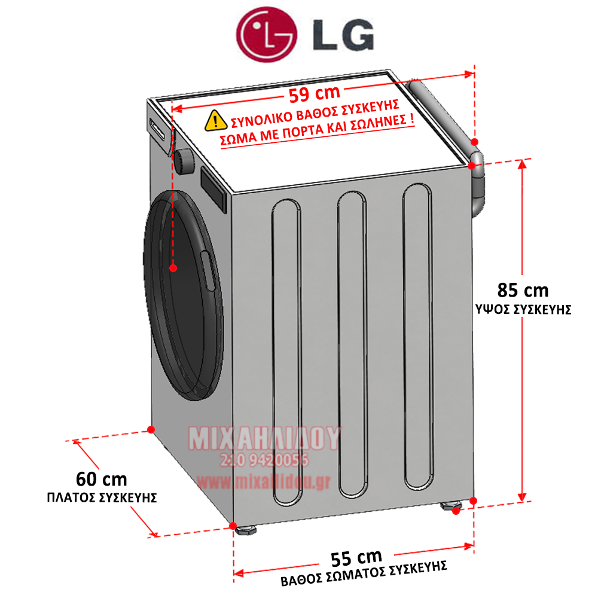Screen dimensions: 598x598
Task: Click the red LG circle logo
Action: point(267,34)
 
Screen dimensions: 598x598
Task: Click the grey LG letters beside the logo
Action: point(343,35)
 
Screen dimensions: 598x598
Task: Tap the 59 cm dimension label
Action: point(315,93)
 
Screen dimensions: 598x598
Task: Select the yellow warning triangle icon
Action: point(216,121)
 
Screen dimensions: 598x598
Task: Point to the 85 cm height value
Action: point(523,291)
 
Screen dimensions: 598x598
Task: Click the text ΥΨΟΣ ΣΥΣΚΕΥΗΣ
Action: point(523,310)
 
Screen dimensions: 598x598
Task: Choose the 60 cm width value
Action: point(102,480)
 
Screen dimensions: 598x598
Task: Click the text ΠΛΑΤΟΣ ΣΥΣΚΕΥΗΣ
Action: point(102,498)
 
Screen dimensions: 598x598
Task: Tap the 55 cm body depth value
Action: point(356,559)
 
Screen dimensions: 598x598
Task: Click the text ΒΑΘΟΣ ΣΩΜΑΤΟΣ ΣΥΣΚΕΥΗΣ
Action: point(364,573)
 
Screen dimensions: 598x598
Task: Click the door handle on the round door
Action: point(208,271)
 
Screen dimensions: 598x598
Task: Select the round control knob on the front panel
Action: point(184,161)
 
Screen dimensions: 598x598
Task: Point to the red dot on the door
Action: point(173,268)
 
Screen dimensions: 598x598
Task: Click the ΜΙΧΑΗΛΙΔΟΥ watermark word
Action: point(265,438)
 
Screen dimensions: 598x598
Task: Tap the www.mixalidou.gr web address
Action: point(264,482)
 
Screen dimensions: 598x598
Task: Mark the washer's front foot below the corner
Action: point(246,529)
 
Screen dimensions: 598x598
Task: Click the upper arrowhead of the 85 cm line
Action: point(522,164)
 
